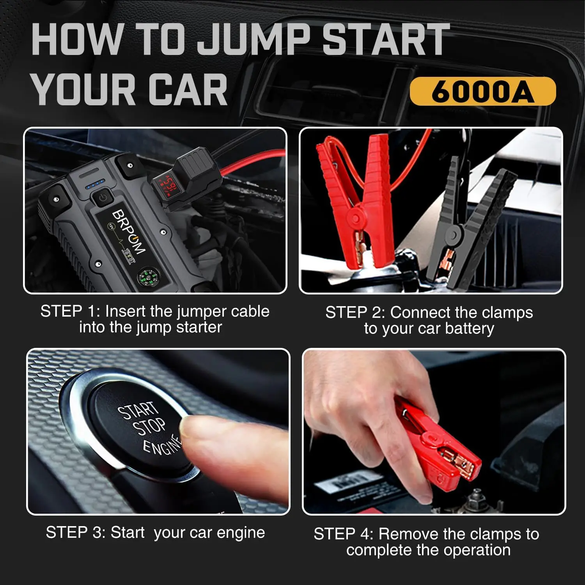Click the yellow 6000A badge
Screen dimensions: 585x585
[482, 91]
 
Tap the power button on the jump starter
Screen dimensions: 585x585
[103, 197]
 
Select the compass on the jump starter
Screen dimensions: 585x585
[147, 278]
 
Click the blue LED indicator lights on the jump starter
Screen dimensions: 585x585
[96, 184]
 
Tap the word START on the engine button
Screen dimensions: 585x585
[138, 411]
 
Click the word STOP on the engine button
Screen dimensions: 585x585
[149, 427]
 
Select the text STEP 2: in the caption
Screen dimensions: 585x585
[355, 312]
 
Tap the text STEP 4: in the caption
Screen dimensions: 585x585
[344, 534]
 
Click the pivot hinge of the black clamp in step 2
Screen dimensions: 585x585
[454, 235]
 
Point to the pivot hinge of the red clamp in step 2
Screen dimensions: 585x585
[356, 218]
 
